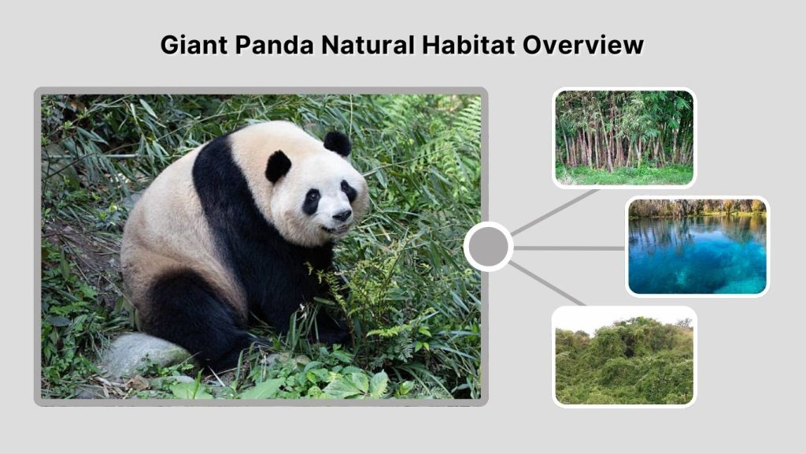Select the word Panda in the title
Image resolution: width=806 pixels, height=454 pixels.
272,44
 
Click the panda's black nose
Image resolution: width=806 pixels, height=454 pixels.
342,214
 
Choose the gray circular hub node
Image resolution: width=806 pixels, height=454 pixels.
488,247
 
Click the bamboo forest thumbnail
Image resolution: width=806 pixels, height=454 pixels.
624,137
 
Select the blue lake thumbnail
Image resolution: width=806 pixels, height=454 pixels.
697,246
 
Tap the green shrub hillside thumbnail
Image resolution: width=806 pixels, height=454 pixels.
624,355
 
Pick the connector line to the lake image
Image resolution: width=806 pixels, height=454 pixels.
569,247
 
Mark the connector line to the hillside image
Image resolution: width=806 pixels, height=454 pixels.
548,283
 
